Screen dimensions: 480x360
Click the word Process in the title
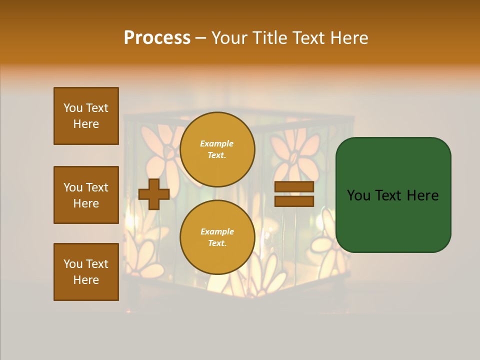(x=157, y=38)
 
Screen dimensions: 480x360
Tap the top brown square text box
(x=86, y=116)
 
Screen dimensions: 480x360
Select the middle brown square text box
(x=86, y=195)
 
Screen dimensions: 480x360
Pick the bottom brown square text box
(x=86, y=272)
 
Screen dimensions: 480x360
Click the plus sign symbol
(x=154, y=194)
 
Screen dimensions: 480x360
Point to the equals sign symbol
(x=294, y=194)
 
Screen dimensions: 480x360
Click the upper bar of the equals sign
(x=294, y=187)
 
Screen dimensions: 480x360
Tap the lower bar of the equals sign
(x=294, y=201)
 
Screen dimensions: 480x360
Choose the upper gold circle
(x=217, y=149)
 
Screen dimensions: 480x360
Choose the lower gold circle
(x=217, y=237)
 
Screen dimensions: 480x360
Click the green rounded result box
(x=393, y=195)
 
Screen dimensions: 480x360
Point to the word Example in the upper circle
(x=217, y=143)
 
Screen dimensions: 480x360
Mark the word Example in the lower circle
(x=217, y=231)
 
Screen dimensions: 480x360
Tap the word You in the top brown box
(x=73, y=108)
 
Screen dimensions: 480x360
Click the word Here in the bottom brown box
(x=86, y=280)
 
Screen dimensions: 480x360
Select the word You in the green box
(x=358, y=195)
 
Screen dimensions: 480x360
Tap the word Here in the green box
(x=422, y=195)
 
